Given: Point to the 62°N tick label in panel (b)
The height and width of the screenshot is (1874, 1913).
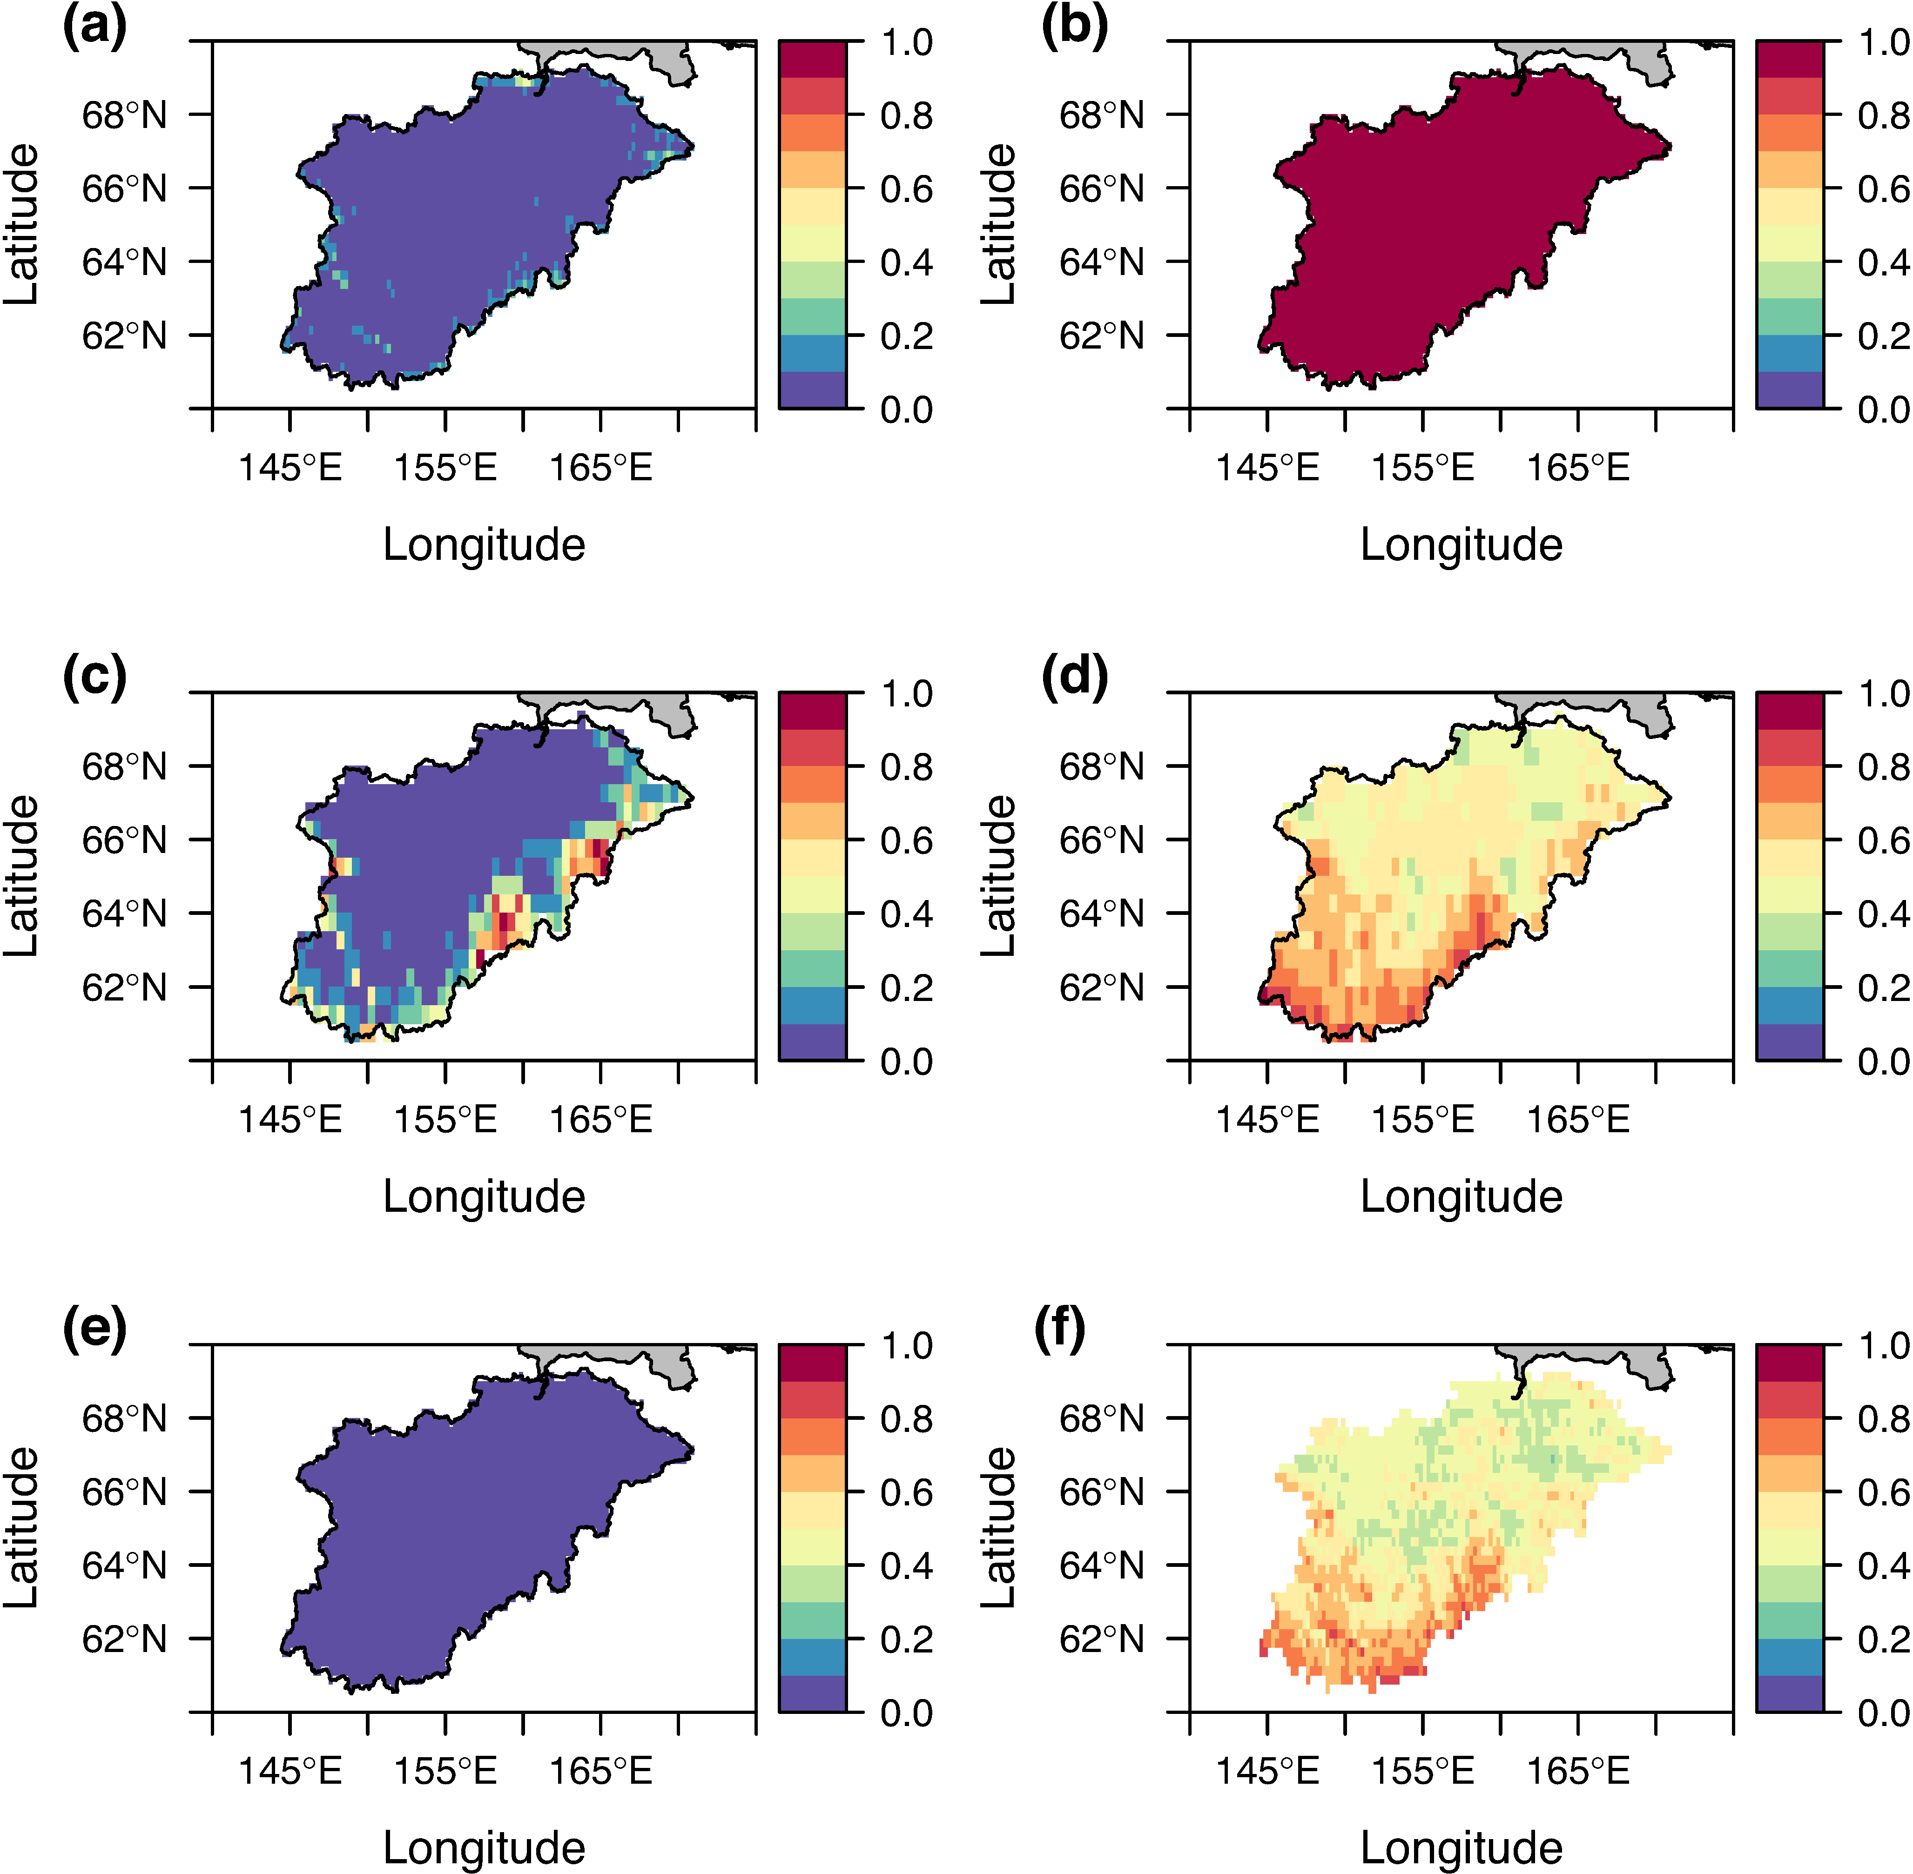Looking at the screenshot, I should [x=1102, y=336].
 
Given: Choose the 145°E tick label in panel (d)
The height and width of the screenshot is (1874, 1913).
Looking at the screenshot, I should [x=1267, y=1119].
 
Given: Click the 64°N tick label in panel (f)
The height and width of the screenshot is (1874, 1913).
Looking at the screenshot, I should [x=1102, y=1565].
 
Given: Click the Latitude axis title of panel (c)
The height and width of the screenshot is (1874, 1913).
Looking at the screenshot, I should [x=22, y=876].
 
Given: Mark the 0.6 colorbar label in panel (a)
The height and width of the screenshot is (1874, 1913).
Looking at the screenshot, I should [x=906, y=189].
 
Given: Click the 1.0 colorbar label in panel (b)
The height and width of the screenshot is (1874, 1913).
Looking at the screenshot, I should [x=1884, y=42].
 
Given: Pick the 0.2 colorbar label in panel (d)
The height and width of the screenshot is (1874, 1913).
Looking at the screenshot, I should [x=1884, y=987].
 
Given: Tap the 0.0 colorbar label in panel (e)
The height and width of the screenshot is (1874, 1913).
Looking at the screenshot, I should [x=906, y=1713].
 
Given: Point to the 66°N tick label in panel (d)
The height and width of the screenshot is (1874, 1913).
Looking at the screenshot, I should [x=1102, y=840].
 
